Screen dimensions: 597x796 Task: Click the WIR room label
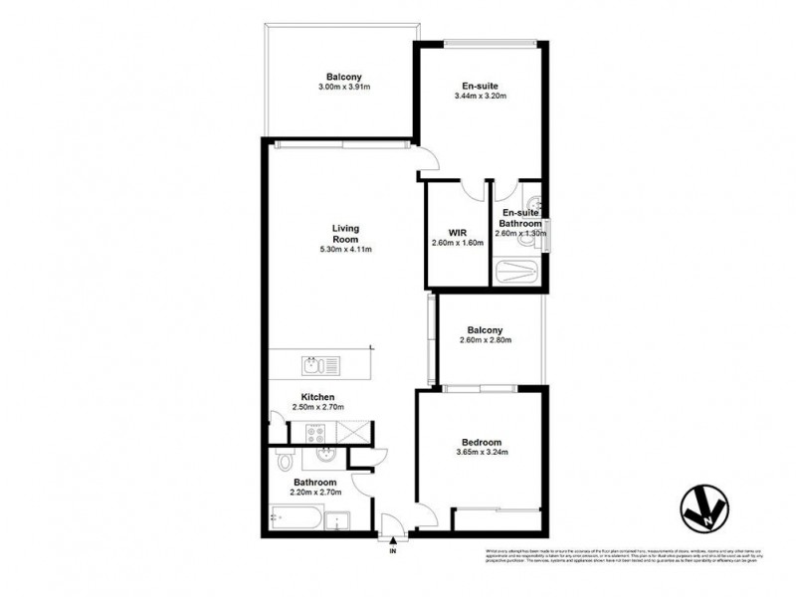(x=457, y=233)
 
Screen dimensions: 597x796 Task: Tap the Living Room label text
(x=344, y=233)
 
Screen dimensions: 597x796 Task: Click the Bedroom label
(x=481, y=442)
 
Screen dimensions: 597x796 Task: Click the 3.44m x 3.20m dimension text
(x=480, y=97)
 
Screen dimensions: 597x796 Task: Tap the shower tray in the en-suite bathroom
(x=516, y=270)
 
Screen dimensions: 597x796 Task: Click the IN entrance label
(x=393, y=550)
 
